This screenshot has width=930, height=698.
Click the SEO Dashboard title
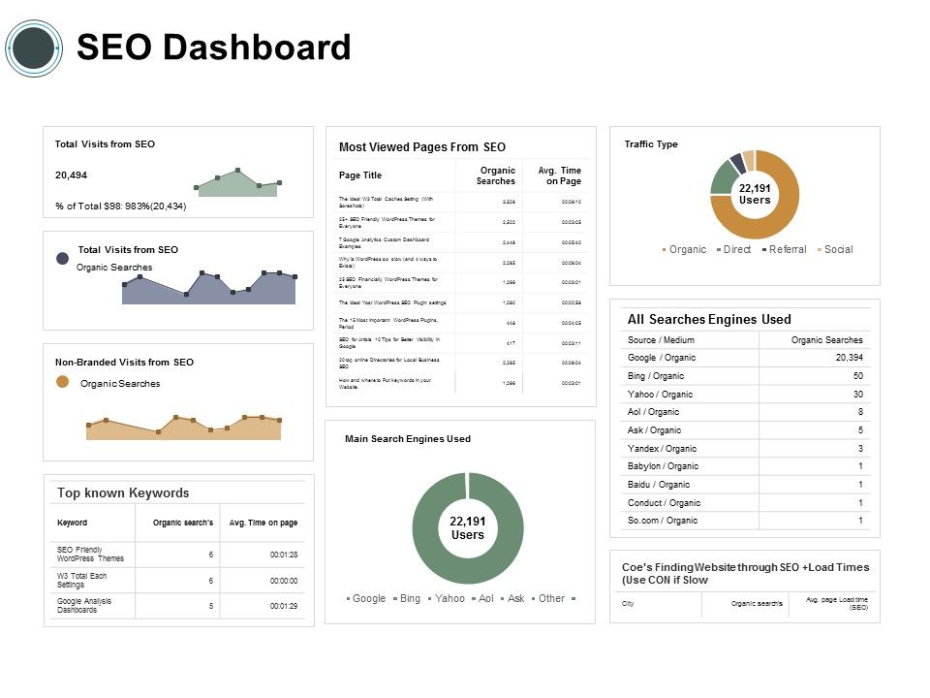pos(213,48)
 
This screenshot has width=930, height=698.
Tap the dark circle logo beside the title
pos(34,48)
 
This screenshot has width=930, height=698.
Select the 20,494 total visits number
pos(71,175)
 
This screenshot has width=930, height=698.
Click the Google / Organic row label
pos(662,358)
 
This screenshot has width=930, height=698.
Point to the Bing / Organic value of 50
pos(856,376)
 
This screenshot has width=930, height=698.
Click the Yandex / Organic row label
pos(662,449)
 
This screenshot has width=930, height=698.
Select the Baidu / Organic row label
pos(659,485)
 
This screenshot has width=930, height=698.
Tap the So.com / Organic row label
pos(662,521)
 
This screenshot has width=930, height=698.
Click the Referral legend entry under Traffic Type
pos(787,250)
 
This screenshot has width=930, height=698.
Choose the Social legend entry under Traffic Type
pos(838,250)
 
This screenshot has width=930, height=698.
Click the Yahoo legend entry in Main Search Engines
pos(449,599)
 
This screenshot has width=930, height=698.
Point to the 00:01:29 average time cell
pos(283,606)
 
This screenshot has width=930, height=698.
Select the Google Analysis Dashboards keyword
pos(84,605)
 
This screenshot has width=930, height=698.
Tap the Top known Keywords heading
pos(123,492)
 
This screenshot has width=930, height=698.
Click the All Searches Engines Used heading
pos(709,319)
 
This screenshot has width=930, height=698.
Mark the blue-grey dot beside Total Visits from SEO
pos(63,258)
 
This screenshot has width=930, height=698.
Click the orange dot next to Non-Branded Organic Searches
pos(63,383)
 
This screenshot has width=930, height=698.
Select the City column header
pos(628,604)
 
